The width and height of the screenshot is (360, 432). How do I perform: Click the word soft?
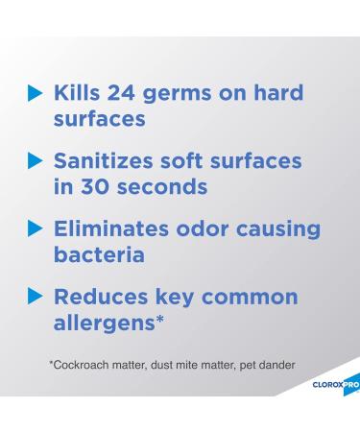pyautogui.click(x=218, y=161)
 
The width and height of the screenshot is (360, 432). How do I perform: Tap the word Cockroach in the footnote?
pyautogui.click(x=80, y=364)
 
